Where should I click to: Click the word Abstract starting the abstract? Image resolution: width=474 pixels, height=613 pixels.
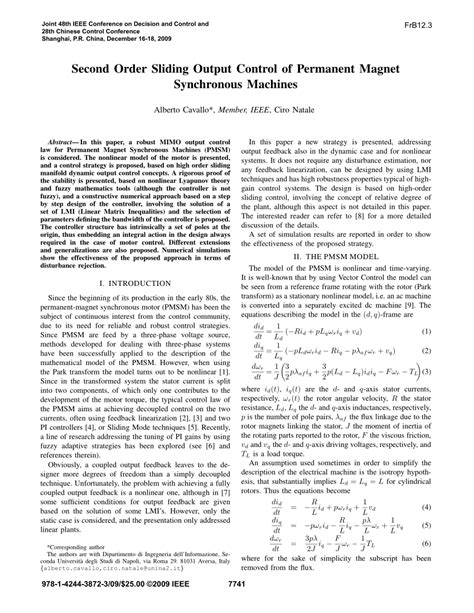[69, 145]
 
